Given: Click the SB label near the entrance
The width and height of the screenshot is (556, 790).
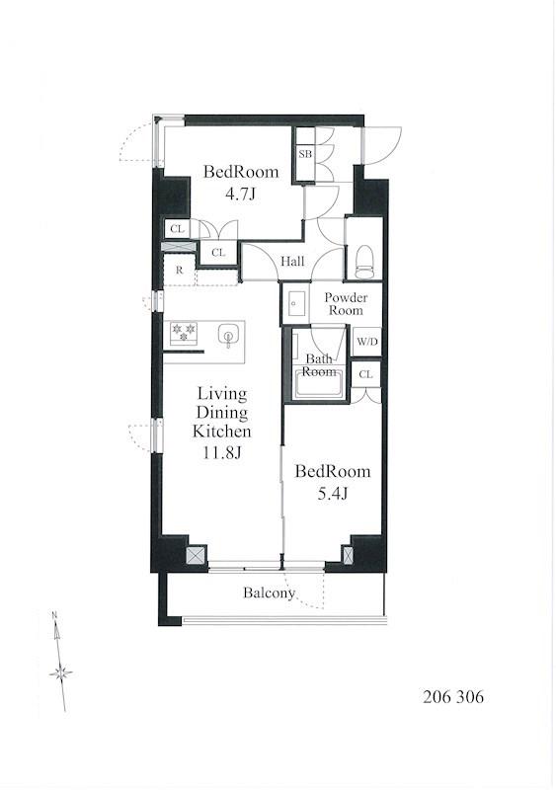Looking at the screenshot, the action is click(305, 154).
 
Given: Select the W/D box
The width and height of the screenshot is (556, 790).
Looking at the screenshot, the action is click(367, 342).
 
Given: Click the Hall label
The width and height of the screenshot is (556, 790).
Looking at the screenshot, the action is click(292, 261).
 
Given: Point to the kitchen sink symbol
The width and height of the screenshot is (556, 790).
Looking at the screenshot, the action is click(228, 336).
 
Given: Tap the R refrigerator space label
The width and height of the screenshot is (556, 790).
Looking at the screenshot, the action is click(179, 270).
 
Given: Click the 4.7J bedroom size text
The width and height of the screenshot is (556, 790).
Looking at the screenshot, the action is click(240, 194).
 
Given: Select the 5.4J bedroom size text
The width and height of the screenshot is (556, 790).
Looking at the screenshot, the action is click(332, 494).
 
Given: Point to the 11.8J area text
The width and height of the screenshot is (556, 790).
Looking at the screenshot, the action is click(222, 453).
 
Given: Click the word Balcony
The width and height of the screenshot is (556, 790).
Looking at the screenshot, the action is click(269, 593).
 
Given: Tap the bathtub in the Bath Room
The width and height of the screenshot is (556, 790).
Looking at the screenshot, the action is click(319, 384).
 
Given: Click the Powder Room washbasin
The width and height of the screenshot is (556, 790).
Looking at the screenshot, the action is click(295, 303).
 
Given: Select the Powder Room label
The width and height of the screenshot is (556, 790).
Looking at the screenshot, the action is click(346, 304).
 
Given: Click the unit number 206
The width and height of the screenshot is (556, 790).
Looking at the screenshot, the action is click(437, 697).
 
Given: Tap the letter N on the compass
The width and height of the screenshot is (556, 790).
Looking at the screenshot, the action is click(54, 614).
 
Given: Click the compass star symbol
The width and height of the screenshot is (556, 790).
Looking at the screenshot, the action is click(61, 673).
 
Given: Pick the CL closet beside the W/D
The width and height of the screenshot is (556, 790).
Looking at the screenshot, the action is click(366, 374).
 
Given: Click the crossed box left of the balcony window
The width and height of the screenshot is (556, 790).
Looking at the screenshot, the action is click(197, 555).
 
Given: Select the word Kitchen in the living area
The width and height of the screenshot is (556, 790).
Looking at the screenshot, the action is click(222, 432).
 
